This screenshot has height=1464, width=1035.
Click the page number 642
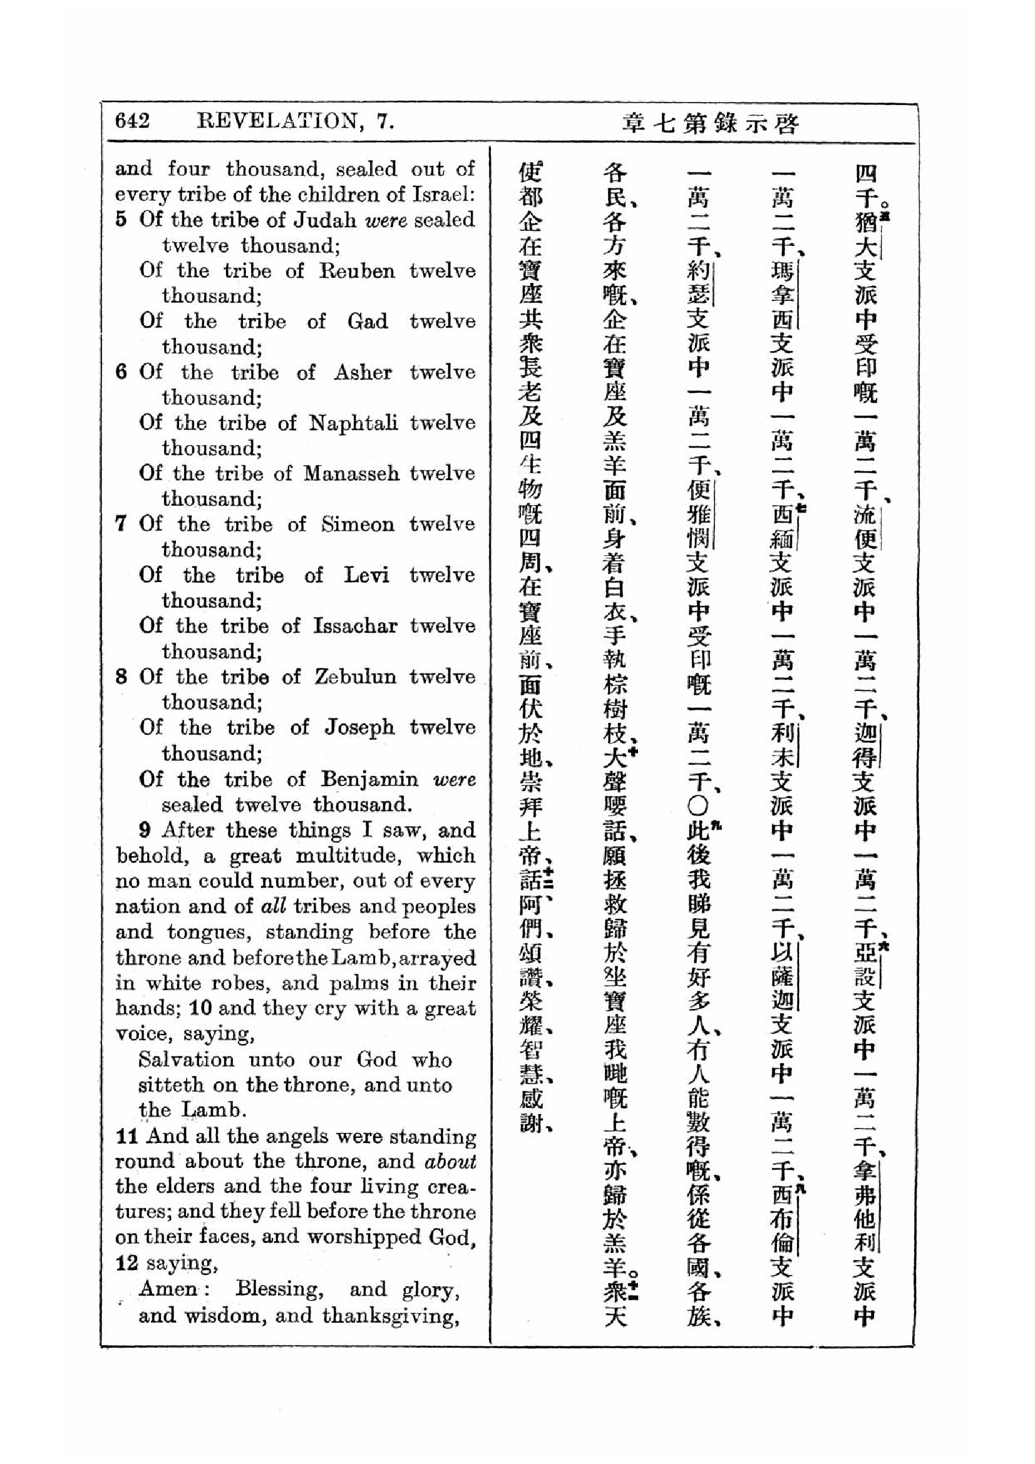coord(132,121)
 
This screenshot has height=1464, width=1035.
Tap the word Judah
coord(324,220)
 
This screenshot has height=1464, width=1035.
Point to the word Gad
coord(368,321)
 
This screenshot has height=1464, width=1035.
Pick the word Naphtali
coord(353,422)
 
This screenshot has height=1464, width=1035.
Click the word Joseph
coord(359,727)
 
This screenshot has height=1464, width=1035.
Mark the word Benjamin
coord(369,779)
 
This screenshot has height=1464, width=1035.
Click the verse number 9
coord(145,830)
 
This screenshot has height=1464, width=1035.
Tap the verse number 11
coord(127,1136)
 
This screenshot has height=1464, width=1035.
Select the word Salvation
coord(186,1060)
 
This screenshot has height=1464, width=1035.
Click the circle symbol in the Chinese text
coord(698,807)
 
